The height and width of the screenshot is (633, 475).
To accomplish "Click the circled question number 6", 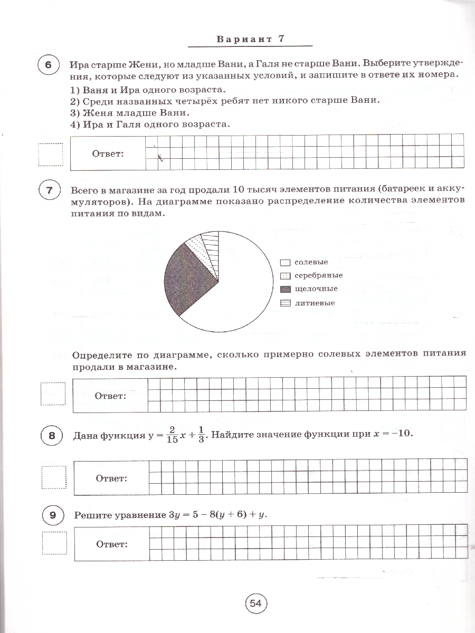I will (49, 65).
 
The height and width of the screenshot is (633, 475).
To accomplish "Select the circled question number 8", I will (52, 435).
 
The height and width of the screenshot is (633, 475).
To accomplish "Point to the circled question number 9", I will (52, 515).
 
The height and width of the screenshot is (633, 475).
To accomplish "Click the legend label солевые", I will (311, 262).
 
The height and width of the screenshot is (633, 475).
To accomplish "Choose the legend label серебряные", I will (318, 275).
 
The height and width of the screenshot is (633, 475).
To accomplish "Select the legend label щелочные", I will (316, 289).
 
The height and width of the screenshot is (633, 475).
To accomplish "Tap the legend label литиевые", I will (315, 303).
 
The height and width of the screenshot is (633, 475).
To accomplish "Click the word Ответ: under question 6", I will (108, 154).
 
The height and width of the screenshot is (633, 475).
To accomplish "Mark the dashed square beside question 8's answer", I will (54, 479).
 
